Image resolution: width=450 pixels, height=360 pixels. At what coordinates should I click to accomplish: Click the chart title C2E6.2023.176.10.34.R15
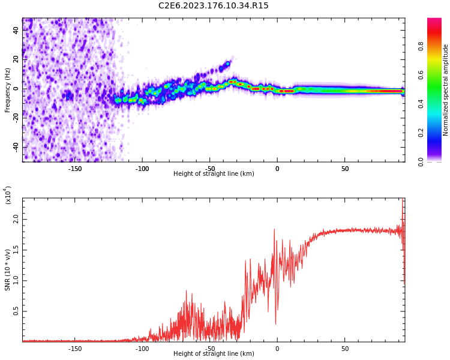(x=213, y=5)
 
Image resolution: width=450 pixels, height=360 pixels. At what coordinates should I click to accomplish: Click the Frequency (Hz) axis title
(x=8, y=89)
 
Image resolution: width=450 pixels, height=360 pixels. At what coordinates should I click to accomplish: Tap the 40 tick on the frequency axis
(x=16, y=31)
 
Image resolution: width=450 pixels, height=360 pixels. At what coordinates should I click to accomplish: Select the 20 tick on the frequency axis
(x=16, y=60)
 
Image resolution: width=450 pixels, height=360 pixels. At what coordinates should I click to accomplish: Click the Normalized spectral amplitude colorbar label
(x=446, y=89)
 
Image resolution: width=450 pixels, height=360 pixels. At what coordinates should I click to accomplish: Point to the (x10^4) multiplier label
(x=8, y=195)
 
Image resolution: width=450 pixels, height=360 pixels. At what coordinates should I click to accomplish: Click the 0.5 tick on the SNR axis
(x=16, y=311)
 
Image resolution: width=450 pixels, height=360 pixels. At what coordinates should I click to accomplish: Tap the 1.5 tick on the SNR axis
(x=16, y=250)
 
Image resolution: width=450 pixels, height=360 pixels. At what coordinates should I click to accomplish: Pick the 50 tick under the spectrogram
(x=345, y=169)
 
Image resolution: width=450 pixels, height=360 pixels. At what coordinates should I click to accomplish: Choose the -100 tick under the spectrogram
(x=142, y=169)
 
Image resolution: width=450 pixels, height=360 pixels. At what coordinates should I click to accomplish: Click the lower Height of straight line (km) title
(x=214, y=354)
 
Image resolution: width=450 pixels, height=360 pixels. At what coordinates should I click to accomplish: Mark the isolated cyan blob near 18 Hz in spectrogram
(x=227, y=63)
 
